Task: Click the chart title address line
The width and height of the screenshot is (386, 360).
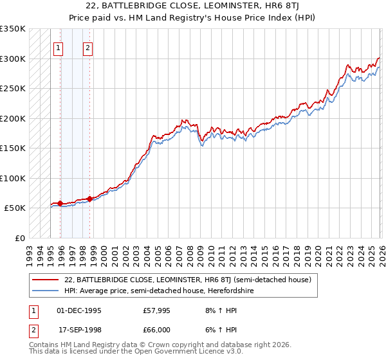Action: click(x=193, y=6)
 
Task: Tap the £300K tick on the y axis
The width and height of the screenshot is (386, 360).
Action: click(x=13, y=59)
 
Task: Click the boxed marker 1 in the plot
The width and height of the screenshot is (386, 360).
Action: click(x=59, y=47)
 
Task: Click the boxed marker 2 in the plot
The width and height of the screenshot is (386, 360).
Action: click(x=87, y=47)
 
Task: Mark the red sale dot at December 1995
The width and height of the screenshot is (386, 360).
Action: click(x=60, y=204)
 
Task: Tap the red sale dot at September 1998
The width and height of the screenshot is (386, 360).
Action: click(x=89, y=199)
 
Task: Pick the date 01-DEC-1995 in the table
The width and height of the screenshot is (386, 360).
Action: click(x=78, y=310)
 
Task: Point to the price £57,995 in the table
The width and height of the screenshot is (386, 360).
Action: click(x=156, y=310)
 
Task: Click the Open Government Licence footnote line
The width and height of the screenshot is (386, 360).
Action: click(x=136, y=352)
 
